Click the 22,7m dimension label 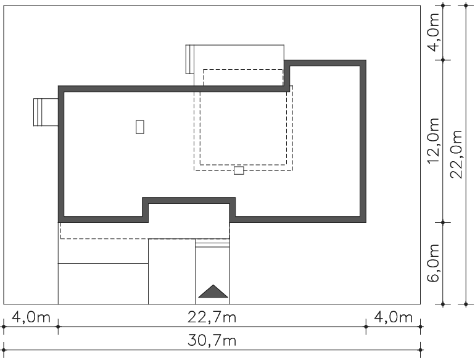[x=212, y=317]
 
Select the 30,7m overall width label [x=212, y=340]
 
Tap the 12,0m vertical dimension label [x=433, y=141]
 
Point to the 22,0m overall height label [x=456, y=154]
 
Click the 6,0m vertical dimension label [x=433, y=262]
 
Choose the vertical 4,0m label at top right [x=433, y=32]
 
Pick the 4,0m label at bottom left [x=31, y=317]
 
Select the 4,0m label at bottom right [x=393, y=317]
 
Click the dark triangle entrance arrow [x=213, y=291]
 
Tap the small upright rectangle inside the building [x=140, y=127]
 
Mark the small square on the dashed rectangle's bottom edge [x=239, y=170]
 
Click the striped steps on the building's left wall [x=46, y=112]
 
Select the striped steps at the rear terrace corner [x=190, y=59]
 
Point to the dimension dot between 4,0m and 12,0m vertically [x=443, y=60]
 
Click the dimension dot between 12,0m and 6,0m [x=443, y=223]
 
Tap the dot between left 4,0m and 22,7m [x=58, y=327]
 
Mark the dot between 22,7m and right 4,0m [x=366, y=327]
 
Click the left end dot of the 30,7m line [x=4, y=350]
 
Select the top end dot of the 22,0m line [x=466, y=6]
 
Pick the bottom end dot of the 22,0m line [x=466, y=304]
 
